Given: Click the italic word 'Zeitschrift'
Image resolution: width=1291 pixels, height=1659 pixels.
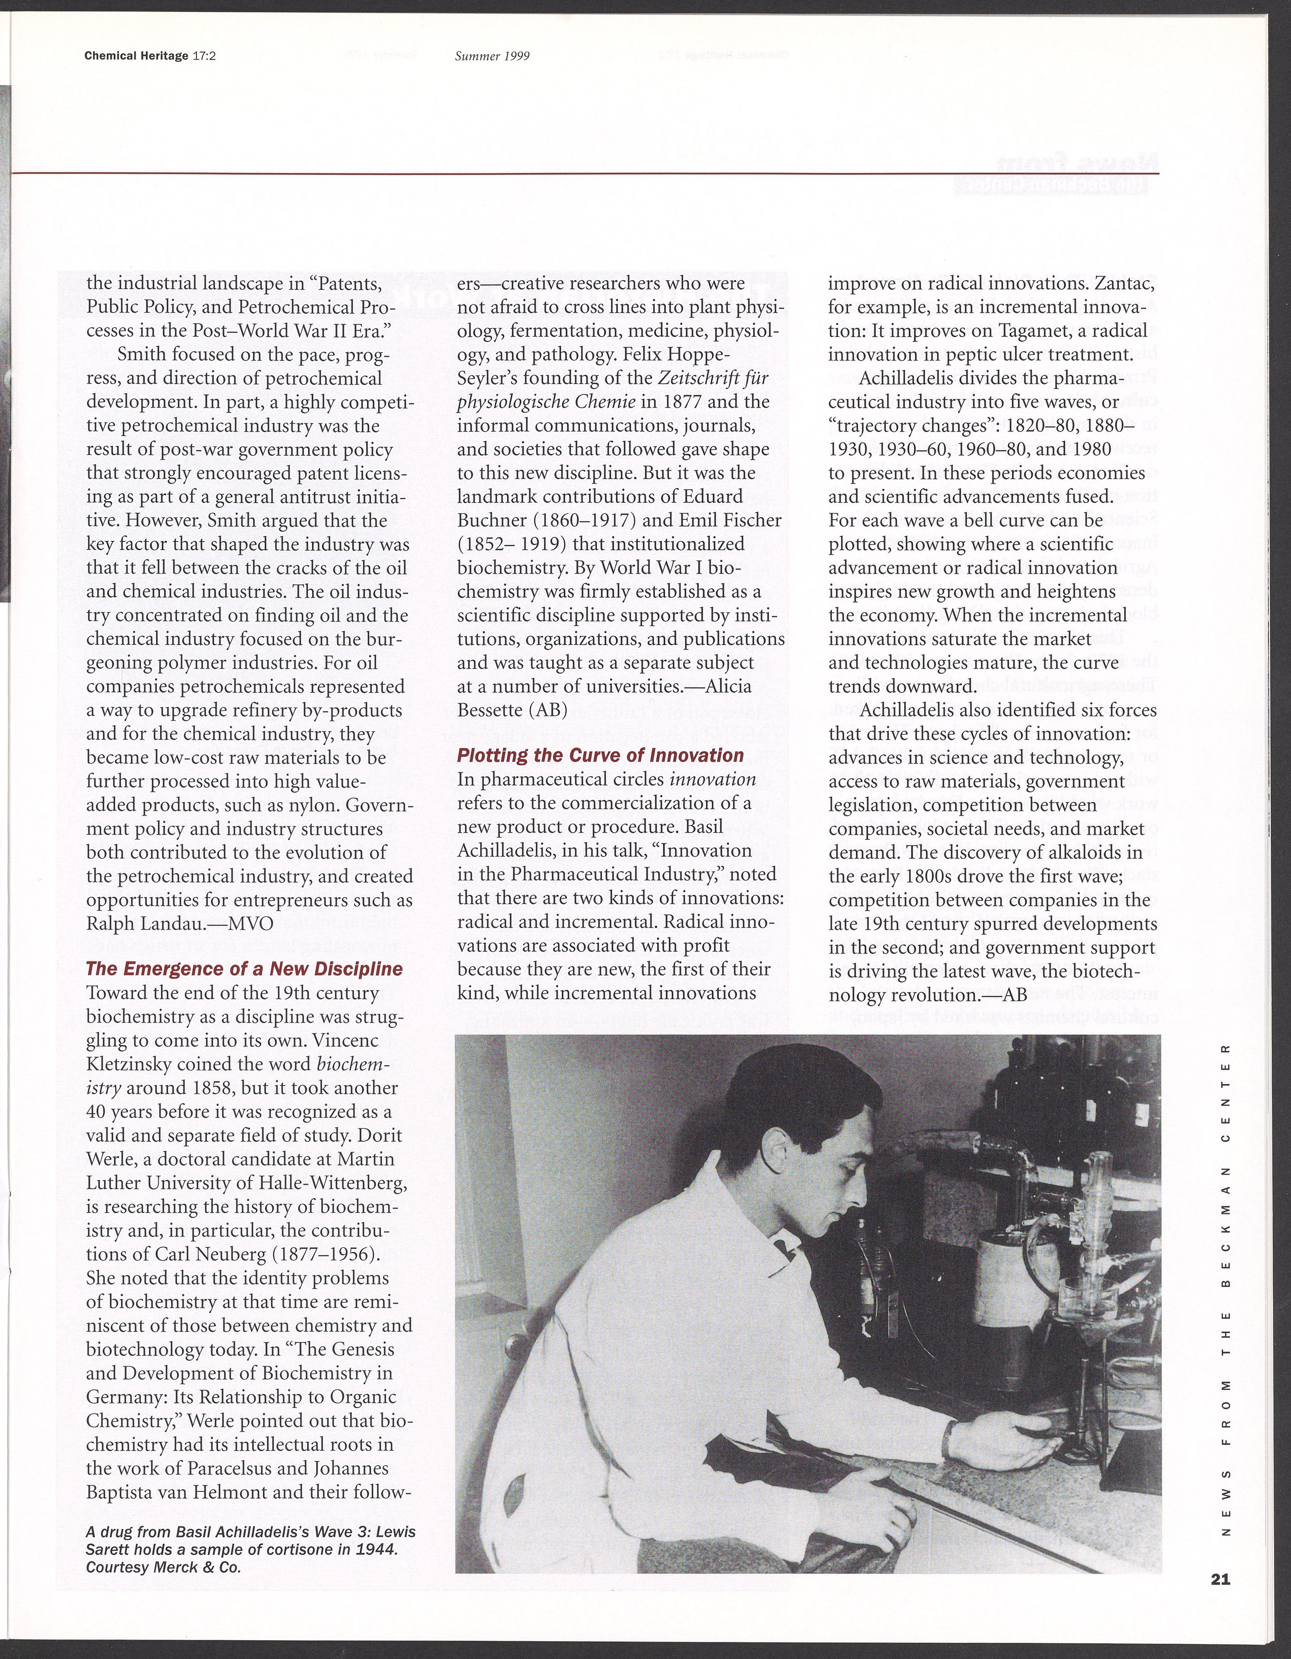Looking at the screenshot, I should point(700,377).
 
